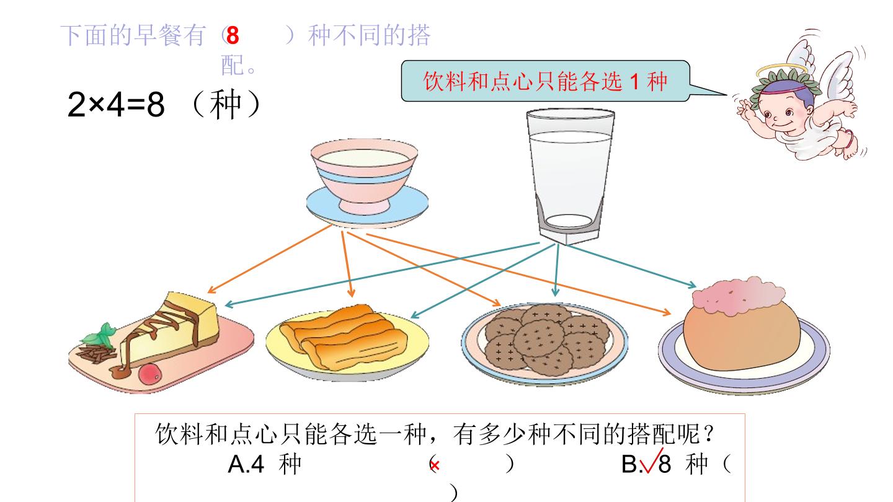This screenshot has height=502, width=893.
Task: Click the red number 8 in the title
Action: (233, 35)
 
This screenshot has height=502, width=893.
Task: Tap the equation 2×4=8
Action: (116, 104)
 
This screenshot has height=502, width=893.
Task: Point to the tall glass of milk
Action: (570, 176)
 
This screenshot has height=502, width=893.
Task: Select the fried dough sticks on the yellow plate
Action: (344, 337)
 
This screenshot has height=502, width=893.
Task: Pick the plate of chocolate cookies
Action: (544, 342)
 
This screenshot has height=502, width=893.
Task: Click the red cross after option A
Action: (435, 465)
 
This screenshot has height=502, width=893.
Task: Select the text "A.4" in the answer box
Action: (246, 464)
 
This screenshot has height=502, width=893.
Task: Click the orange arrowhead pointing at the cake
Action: (211, 290)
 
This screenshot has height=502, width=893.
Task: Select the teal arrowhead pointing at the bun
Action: (692, 284)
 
